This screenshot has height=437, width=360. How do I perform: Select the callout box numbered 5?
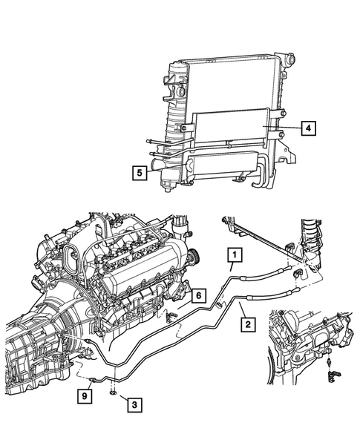(139, 174)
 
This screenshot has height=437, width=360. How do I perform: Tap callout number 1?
(234, 257)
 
